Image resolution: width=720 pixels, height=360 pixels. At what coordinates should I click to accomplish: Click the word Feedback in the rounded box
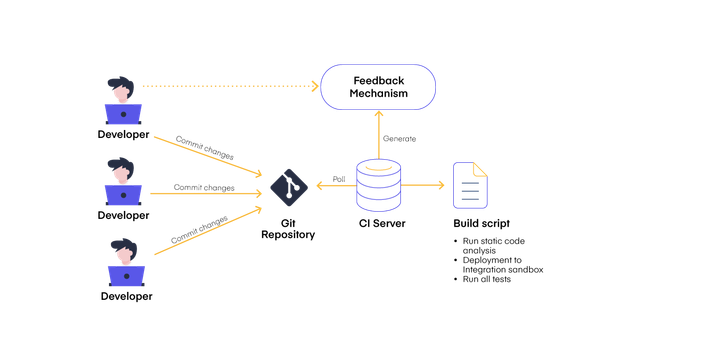pos(378,79)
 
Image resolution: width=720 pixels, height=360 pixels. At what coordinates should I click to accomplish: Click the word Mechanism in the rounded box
pos(378,94)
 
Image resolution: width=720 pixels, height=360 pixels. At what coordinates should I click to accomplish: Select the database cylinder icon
pos(378,185)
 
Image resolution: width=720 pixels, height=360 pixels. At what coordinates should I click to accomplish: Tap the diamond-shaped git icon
pos(288,186)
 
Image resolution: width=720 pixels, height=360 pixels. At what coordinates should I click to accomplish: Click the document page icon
pos(470,185)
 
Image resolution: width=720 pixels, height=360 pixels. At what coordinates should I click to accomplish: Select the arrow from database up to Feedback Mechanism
pos(378,134)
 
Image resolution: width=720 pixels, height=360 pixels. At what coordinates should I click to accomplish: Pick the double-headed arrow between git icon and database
pos(334,186)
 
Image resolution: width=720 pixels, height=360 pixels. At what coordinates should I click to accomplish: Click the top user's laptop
pos(124,115)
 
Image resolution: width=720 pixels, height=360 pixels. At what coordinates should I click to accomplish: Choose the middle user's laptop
pos(124,195)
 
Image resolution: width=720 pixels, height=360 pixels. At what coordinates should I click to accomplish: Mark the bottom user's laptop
pos(126,276)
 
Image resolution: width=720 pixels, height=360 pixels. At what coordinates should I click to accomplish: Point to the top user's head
pos(122,88)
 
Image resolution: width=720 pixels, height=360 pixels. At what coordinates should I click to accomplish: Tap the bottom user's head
pos(124,249)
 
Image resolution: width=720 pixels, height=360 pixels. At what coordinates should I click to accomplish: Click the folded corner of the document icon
pos(482,168)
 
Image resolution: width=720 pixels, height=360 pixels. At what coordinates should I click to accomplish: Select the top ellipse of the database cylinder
pos(378,167)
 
